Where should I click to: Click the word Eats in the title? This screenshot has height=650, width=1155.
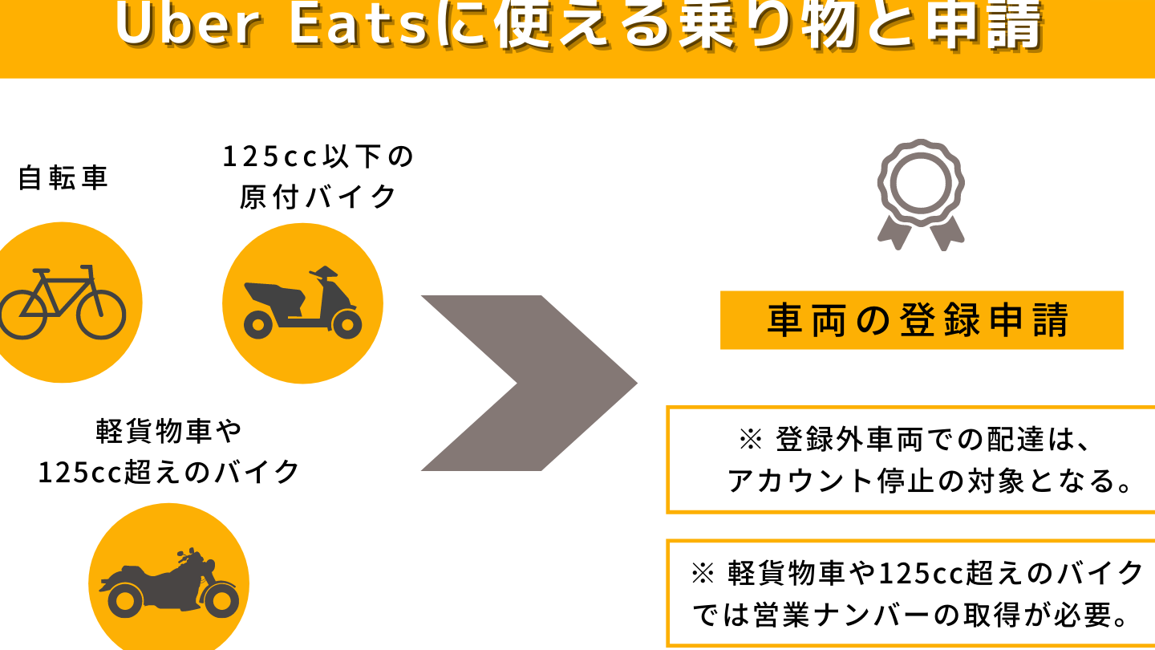(x=359, y=23)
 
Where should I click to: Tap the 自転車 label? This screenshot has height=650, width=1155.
(x=63, y=178)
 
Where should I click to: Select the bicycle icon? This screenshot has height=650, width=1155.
(x=63, y=302)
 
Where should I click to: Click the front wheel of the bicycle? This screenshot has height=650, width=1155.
(x=101, y=315)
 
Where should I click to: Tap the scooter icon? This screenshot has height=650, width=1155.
(x=302, y=303)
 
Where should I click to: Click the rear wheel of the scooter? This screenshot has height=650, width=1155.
(x=257, y=325)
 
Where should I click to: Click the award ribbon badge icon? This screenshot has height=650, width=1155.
(x=921, y=194)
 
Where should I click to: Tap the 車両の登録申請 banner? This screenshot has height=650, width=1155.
(x=922, y=320)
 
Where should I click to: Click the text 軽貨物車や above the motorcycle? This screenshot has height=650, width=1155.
(x=169, y=431)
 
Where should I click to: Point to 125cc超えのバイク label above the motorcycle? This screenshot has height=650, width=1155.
(x=169, y=472)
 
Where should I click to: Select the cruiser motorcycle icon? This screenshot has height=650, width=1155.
(x=169, y=583)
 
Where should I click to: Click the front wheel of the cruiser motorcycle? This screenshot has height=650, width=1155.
(x=221, y=601)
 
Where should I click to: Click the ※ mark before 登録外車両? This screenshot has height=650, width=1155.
(x=750, y=440)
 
